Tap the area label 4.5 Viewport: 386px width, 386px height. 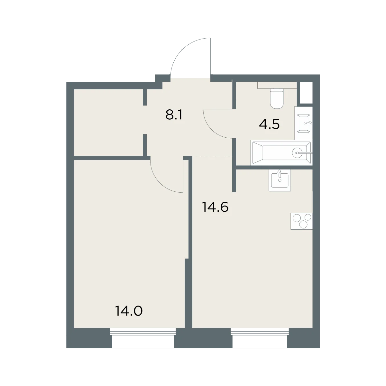269,124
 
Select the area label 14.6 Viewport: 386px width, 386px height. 215,207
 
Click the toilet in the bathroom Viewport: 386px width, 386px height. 277,98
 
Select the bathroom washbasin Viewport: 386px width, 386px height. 304,123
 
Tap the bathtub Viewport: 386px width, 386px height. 281,153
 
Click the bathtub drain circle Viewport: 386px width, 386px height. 297,153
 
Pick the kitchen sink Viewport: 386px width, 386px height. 280,180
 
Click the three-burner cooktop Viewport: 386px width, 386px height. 301,221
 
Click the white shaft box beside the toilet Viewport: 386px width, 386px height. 306,93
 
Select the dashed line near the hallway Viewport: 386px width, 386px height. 212,156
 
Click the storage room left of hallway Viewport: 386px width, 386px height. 108,122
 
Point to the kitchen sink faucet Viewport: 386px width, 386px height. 279,173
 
